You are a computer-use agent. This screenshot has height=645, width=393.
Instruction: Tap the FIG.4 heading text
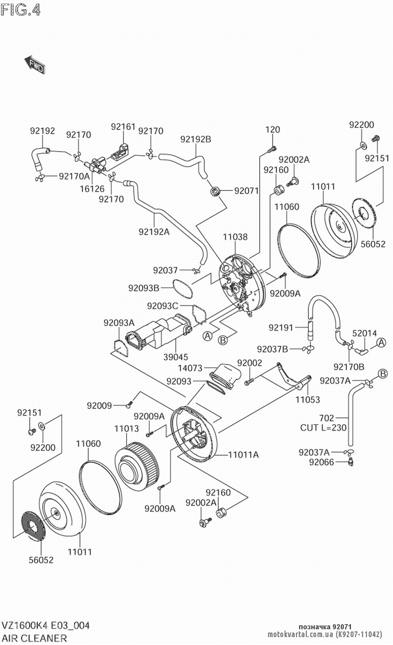20,10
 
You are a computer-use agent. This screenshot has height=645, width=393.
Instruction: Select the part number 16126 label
93,189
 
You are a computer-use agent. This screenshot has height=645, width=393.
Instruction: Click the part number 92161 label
123,127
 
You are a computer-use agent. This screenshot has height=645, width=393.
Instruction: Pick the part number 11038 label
235,237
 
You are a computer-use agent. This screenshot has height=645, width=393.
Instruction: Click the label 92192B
196,139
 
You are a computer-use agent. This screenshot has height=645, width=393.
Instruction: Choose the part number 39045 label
176,357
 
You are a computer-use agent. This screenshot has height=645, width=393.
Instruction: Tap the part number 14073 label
190,368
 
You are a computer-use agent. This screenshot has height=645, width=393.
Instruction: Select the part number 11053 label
308,399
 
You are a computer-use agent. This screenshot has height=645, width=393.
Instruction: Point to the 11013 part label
127,429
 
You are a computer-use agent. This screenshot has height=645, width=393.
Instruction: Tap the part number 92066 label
321,462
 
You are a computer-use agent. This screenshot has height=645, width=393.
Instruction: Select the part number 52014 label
365,333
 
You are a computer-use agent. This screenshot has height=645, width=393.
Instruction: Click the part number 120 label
273,130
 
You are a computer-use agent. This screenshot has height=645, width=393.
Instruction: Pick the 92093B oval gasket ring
182,288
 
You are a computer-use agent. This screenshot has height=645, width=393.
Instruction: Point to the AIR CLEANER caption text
35,638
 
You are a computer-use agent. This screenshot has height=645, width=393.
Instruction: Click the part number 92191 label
281,327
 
